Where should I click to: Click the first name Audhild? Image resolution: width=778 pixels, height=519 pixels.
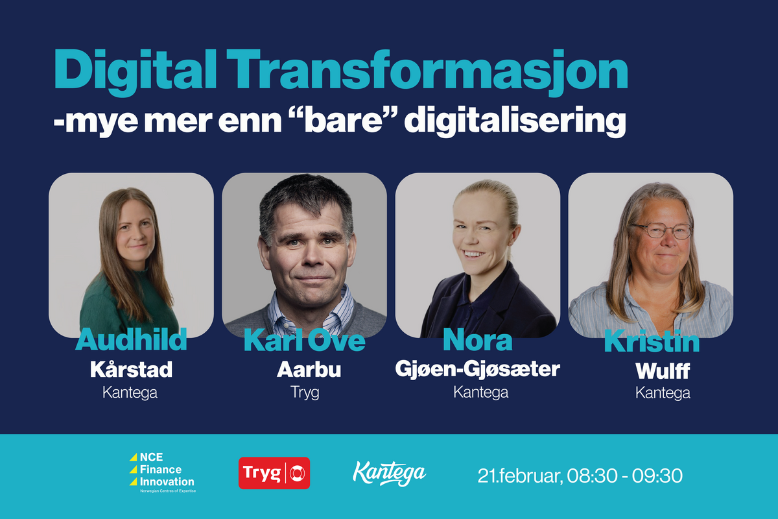(x=131, y=340)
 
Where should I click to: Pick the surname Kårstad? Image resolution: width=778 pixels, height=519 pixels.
(x=131, y=369)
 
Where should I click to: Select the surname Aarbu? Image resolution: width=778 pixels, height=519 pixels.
(x=304, y=369)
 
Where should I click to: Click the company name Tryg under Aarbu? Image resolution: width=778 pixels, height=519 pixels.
(x=304, y=392)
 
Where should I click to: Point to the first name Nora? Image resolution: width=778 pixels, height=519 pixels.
(x=477, y=340)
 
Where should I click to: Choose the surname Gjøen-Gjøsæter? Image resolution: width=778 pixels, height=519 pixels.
(x=477, y=369)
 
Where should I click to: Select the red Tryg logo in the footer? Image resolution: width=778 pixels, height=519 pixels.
(x=274, y=473)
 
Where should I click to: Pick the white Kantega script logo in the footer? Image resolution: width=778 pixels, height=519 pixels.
(x=389, y=472)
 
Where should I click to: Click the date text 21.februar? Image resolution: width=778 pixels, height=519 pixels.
(x=519, y=476)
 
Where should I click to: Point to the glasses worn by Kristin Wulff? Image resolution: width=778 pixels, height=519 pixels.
(x=661, y=230)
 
